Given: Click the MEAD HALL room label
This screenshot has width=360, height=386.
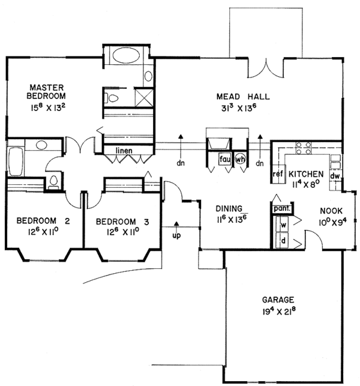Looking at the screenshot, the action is click(243, 97).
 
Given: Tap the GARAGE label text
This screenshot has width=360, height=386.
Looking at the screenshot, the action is click(278, 300).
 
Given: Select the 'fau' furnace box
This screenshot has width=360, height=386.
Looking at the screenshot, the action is click(225, 159).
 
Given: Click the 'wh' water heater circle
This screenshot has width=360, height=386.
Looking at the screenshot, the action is click(240, 159).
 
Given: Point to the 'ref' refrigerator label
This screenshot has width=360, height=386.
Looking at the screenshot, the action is click(278, 174).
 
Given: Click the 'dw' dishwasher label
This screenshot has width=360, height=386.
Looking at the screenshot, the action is click(335, 176).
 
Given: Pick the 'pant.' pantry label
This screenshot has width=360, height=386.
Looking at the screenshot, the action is click(282, 209).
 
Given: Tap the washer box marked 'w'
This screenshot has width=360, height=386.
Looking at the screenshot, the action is click(283, 225).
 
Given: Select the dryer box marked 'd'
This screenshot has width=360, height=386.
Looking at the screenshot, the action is click(283, 241).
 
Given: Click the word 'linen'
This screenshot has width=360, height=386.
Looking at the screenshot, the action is click(124, 151).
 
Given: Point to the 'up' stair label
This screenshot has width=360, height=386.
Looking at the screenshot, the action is click(176, 235).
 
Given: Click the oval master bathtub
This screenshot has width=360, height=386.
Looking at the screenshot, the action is click(127, 55).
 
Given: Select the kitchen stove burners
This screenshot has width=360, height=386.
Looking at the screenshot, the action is click(304, 148).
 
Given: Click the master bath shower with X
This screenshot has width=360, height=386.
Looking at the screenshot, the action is click(144, 98).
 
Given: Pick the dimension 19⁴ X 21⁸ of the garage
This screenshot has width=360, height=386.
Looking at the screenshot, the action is click(279, 312).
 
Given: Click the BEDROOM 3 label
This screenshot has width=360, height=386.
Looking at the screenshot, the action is click(122, 222).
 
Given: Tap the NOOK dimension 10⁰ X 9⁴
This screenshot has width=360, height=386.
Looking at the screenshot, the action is click(332, 222).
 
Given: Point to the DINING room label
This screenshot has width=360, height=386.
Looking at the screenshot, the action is click(229, 209).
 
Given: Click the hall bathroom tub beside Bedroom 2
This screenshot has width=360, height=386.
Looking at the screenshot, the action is click(16, 161).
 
